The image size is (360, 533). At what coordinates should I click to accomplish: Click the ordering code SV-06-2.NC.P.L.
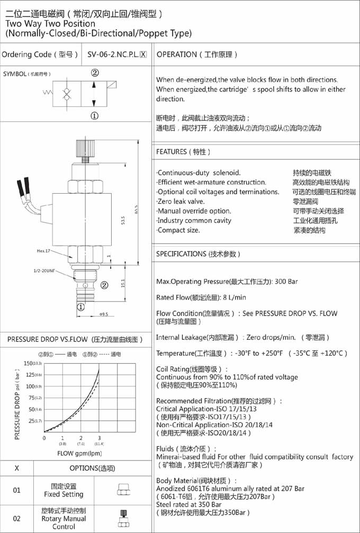point(116,55)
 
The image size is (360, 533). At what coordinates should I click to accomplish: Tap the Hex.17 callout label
point(44,251)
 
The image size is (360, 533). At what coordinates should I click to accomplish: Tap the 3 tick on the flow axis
point(99,438)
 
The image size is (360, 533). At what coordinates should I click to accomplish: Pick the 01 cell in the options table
point(17,490)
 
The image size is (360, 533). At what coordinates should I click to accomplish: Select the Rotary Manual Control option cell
point(64,519)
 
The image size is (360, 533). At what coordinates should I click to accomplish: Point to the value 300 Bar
point(286,282)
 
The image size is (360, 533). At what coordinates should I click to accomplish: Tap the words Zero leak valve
point(181,202)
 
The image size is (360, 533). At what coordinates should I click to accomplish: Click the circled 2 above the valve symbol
point(95,73)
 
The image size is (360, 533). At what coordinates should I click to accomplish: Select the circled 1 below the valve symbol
point(95,115)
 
